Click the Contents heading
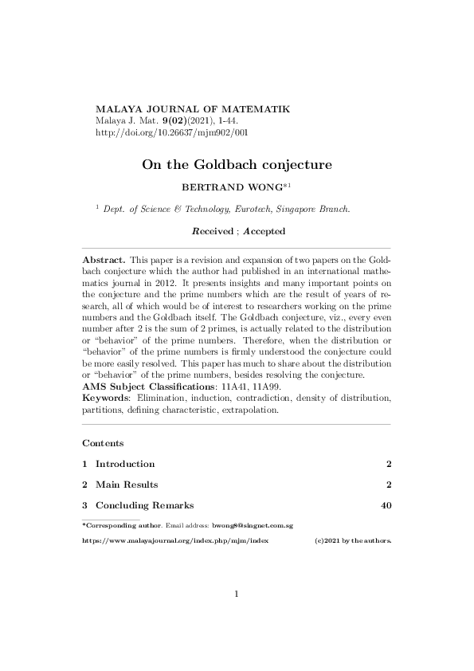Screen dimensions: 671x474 (x=102, y=442)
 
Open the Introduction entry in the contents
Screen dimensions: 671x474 (x=125, y=464)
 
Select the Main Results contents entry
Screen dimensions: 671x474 (x=127, y=485)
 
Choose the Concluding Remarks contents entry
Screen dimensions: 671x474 (x=144, y=505)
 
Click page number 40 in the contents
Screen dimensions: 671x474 (x=386, y=505)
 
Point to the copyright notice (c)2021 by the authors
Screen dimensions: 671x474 (x=353, y=540)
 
